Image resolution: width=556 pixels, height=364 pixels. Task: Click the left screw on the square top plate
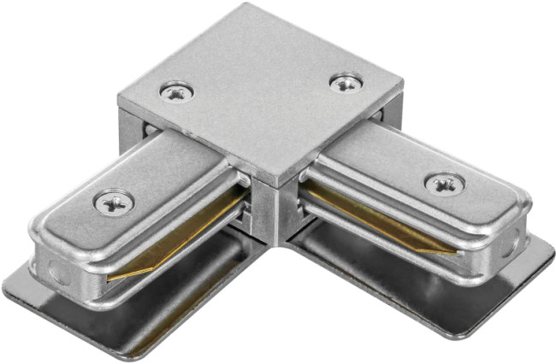(177, 91)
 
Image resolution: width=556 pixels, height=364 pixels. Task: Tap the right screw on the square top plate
(346, 83)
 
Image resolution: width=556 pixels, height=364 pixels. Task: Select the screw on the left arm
(114, 202)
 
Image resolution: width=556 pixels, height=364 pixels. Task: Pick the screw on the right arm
(445, 183)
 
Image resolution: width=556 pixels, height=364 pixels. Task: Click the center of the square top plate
(261, 94)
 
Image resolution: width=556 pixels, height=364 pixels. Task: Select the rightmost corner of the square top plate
(402, 88)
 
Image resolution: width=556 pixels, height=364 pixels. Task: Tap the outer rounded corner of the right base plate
(547, 256)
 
